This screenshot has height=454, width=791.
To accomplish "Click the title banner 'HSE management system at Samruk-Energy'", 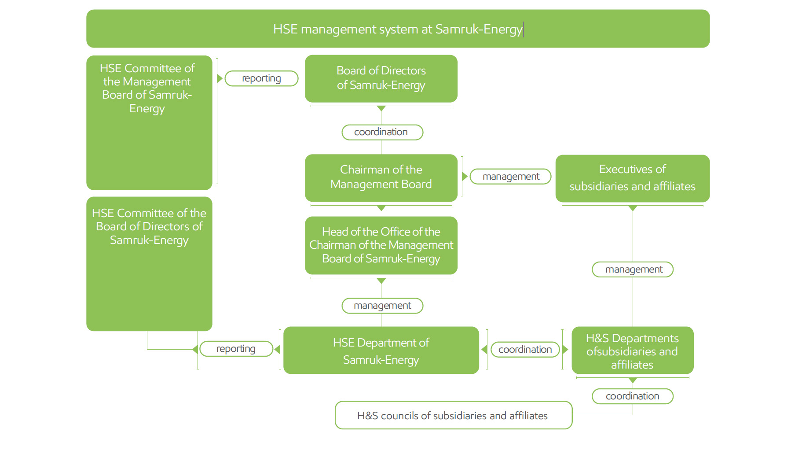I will click(398, 29).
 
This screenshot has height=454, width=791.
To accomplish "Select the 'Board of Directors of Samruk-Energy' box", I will click(381, 78).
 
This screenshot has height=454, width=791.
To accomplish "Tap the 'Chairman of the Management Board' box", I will click(381, 177).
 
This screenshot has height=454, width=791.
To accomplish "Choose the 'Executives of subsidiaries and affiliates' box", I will click(632, 178).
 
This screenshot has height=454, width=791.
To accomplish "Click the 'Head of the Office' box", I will click(381, 245).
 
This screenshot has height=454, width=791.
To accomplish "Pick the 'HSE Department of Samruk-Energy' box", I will click(381, 351).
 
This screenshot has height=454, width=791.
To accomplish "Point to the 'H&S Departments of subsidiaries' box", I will click(632, 351).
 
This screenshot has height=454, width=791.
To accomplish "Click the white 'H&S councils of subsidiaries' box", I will click(453, 415).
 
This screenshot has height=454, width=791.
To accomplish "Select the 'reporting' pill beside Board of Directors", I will click(261, 78).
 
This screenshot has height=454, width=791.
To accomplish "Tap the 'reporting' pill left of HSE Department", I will click(236, 349).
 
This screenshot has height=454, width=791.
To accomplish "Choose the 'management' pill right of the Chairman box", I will click(510, 177).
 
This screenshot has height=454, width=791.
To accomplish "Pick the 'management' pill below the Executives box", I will click(633, 269).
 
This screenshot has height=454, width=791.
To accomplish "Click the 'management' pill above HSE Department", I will click(382, 306).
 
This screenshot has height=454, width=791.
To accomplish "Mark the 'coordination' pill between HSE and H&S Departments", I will click(525, 349).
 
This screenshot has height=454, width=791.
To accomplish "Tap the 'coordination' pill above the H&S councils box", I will click(632, 396).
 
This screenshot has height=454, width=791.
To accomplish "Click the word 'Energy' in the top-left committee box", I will click(147, 109).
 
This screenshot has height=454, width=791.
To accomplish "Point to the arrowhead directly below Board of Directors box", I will click(381, 108).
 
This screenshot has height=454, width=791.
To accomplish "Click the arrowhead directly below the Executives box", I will click(633, 208).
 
